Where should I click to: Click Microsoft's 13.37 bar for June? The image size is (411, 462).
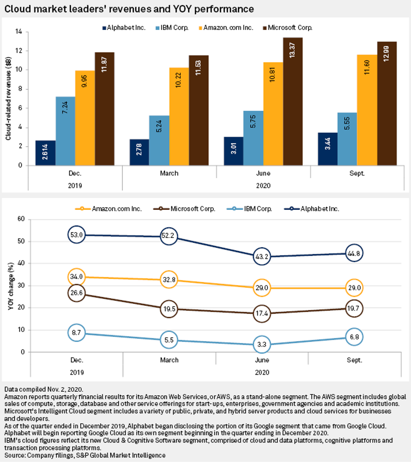click(292, 101)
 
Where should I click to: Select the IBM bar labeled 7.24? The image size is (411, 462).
click(65, 131)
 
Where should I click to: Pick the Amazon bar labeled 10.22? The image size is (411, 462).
click(179, 116)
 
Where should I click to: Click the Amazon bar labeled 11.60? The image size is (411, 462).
click(367, 110)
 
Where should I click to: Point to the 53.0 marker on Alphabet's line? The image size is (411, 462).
click(77, 235)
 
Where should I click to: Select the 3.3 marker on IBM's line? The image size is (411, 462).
click(261, 345)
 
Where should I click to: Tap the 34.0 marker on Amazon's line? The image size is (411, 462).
click(77, 277)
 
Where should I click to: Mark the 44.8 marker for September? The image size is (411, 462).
click(353, 253)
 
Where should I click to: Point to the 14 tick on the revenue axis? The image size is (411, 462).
click(19, 32)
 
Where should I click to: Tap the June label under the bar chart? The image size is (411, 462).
click(263, 173)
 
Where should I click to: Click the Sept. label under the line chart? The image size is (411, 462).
click(354, 360)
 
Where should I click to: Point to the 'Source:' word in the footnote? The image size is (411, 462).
click(14, 455)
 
